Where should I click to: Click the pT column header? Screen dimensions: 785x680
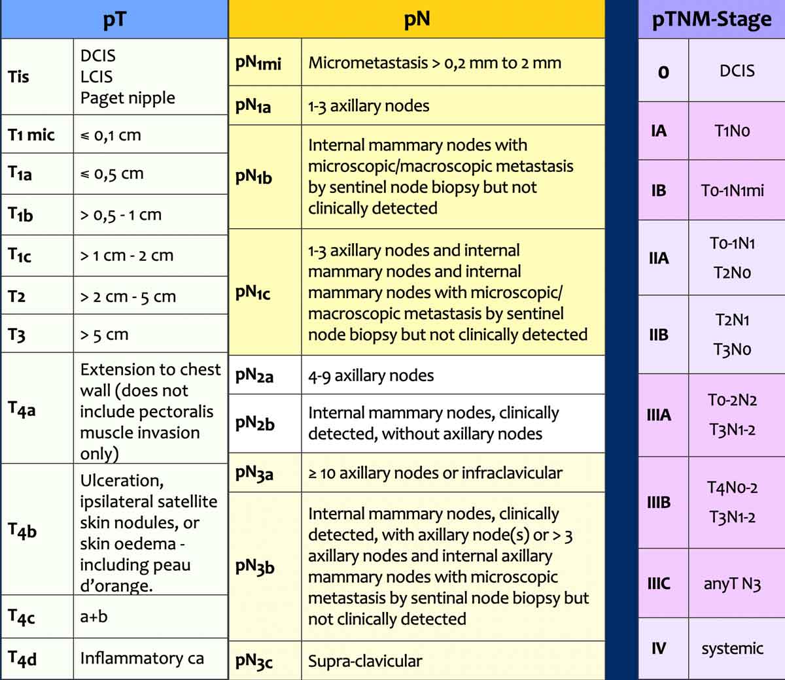click(114, 20)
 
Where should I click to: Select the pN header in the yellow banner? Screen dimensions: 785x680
click(417, 18)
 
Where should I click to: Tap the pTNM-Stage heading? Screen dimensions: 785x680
click(711, 20)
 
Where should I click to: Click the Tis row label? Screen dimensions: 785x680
click(18, 76)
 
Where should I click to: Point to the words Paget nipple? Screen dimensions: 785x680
click(128, 98)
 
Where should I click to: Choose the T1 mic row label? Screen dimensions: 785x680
click(31, 135)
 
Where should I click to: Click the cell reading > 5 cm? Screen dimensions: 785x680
click(105, 335)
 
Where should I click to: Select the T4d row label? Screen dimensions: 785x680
click(22, 658)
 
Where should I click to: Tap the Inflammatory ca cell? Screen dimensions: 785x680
click(142, 658)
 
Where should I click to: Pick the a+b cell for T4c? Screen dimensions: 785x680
click(94, 616)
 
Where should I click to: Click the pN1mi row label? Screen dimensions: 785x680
click(258, 63)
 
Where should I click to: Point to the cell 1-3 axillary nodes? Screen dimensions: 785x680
click(369, 106)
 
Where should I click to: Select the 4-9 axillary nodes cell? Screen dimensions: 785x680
click(371, 375)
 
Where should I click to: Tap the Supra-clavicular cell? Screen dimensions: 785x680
click(365, 661)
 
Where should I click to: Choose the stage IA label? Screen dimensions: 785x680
click(659, 131)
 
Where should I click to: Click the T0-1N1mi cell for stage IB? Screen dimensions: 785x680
click(732, 190)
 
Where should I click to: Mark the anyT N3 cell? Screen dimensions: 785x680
click(732, 584)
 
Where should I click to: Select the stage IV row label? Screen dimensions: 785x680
click(659, 649)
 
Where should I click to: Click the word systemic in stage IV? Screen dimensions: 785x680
click(732, 649)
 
